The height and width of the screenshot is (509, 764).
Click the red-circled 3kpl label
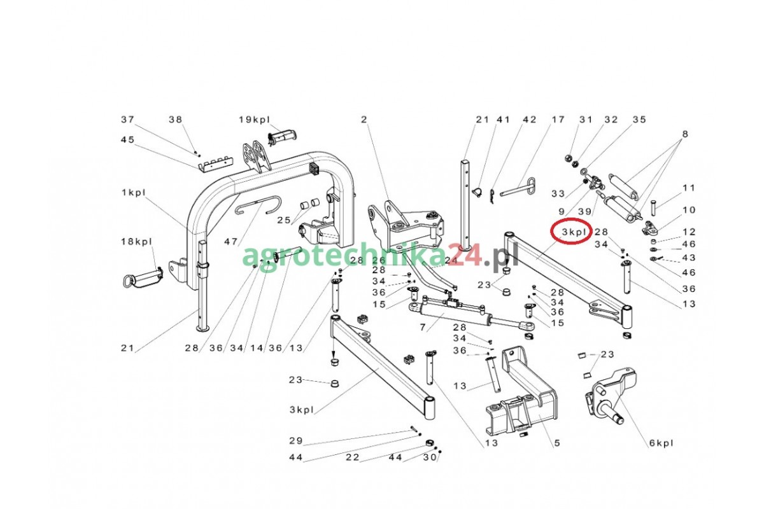[574, 232]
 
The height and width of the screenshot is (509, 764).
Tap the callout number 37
[128, 120]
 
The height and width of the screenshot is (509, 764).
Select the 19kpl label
[254, 120]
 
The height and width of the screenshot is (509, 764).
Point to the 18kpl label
[136, 242]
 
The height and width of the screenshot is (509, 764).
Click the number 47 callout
[230, 242]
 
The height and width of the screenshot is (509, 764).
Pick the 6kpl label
[661, 443]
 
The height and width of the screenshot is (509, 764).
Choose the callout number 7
[423, 327]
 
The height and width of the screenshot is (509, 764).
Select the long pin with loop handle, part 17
[518, 188]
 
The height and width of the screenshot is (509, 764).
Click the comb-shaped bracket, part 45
[216, 164]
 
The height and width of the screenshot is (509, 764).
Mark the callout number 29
[296, 441]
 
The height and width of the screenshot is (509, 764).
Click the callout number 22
[353, 457]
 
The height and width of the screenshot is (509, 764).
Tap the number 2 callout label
[364, 120]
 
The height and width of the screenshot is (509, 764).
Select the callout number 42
[530, 120]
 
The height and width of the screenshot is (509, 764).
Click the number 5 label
[557, 443]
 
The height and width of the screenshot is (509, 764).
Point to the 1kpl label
[134, 193]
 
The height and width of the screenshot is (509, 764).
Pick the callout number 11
[689, 188]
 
